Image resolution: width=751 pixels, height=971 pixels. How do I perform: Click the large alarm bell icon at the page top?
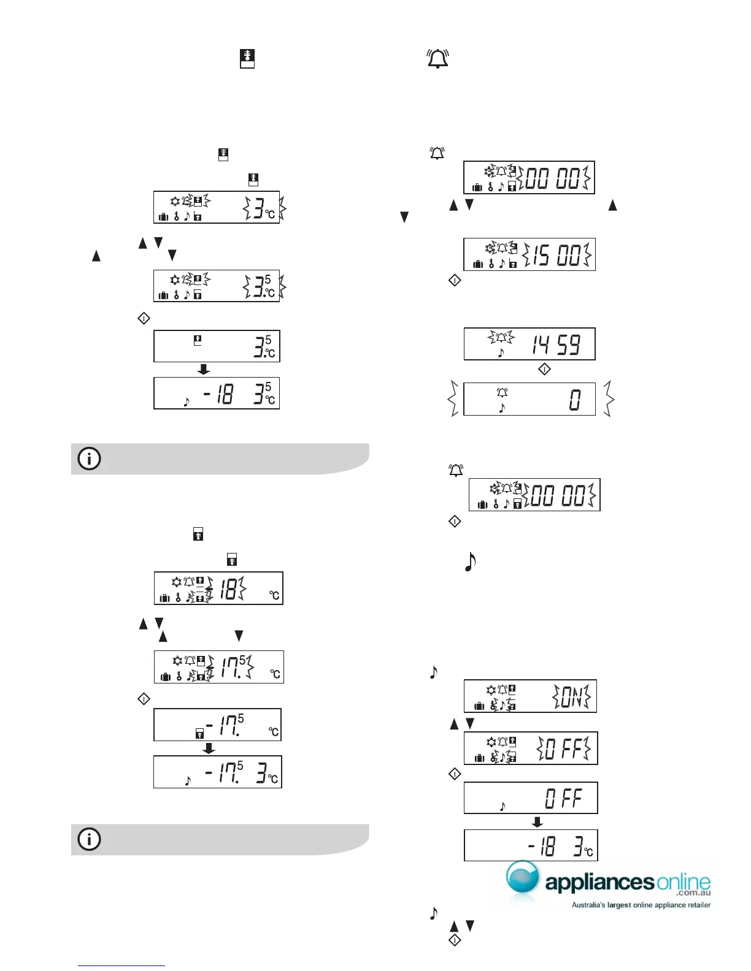tap(437, 59)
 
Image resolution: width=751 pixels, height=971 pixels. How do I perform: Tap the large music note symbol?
tap(470, 562)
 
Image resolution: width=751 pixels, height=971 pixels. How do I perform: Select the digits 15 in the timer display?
tap(541, 255)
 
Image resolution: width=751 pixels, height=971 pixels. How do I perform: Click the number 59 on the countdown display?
tap(568, 345)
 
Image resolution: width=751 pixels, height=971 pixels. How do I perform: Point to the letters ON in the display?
tap(571, 697)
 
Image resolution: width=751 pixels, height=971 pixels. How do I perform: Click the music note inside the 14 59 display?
tap(501, 353)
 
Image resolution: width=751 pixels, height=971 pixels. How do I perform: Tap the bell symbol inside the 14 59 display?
tap(501, 337)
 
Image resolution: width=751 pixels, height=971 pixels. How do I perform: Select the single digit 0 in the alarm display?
tap(574, 400)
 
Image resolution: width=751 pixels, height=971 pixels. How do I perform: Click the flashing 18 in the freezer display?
tap(228, 589)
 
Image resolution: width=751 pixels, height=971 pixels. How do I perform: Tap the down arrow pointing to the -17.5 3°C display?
tap(209, 748)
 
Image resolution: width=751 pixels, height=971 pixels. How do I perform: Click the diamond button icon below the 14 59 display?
tap(544, 370)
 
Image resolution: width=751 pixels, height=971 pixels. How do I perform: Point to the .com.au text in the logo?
tap(693, 894)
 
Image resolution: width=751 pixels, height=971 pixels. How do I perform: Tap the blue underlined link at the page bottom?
tap(121, 965)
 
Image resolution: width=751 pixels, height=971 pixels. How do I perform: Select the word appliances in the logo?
tap(599, 883)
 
